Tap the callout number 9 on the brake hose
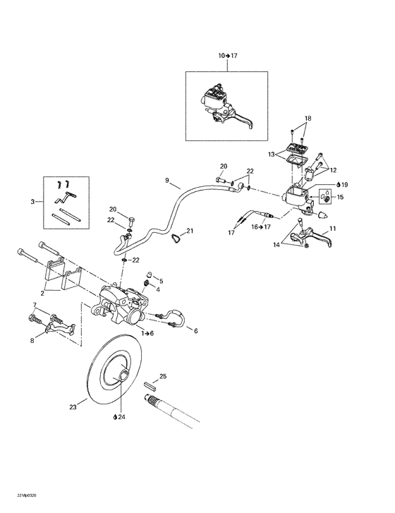(167, 181)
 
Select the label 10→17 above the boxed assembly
(228, 55)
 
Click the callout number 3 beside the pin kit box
(32, 202)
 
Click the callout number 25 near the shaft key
(163, 377)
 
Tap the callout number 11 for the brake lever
(333, 229)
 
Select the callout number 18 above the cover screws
(307, 118)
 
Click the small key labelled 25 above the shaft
(150, 385)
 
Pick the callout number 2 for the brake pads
(43, 292)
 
